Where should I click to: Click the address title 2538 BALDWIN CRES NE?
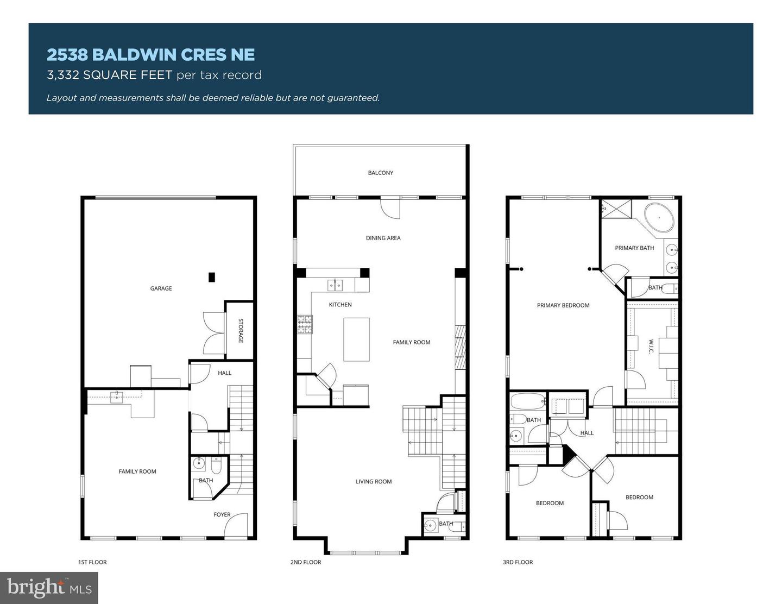coord(150,55)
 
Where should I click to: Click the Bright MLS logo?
coord(49,588)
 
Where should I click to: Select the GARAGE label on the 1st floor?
coord(161,288)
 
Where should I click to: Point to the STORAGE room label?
coord(241,330)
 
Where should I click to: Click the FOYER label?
coord(222,514)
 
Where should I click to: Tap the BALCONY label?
coord(380,173)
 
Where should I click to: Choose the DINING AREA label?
coord(383,238)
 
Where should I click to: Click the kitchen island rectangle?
coord(356,339)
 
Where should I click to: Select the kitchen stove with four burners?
coord(304,324)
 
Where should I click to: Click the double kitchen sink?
coord(335,285)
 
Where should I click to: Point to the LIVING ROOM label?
coord(374,481)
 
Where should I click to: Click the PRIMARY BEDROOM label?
coord(563,305)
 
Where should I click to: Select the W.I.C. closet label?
coord(651,346)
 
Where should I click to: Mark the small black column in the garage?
coord(212,277)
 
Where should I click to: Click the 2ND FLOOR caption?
coord(305,562)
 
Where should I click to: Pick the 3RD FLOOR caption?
coord(518,562)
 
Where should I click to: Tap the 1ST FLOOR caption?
coord(92,562)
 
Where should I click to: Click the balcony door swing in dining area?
coord(390,208)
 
